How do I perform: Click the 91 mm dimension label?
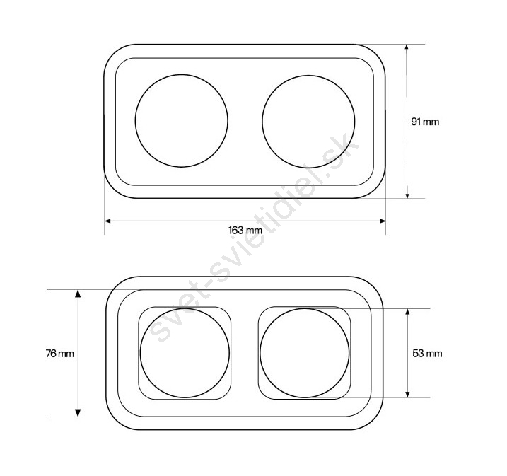(x=425, y=122)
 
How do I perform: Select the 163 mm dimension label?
(x=245, y=231)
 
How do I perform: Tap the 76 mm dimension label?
(x=60, y=354)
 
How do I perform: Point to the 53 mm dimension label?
(x=427, y=353)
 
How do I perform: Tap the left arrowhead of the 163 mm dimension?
(x=107, y=221)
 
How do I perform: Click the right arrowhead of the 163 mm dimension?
(x=383, y=221)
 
